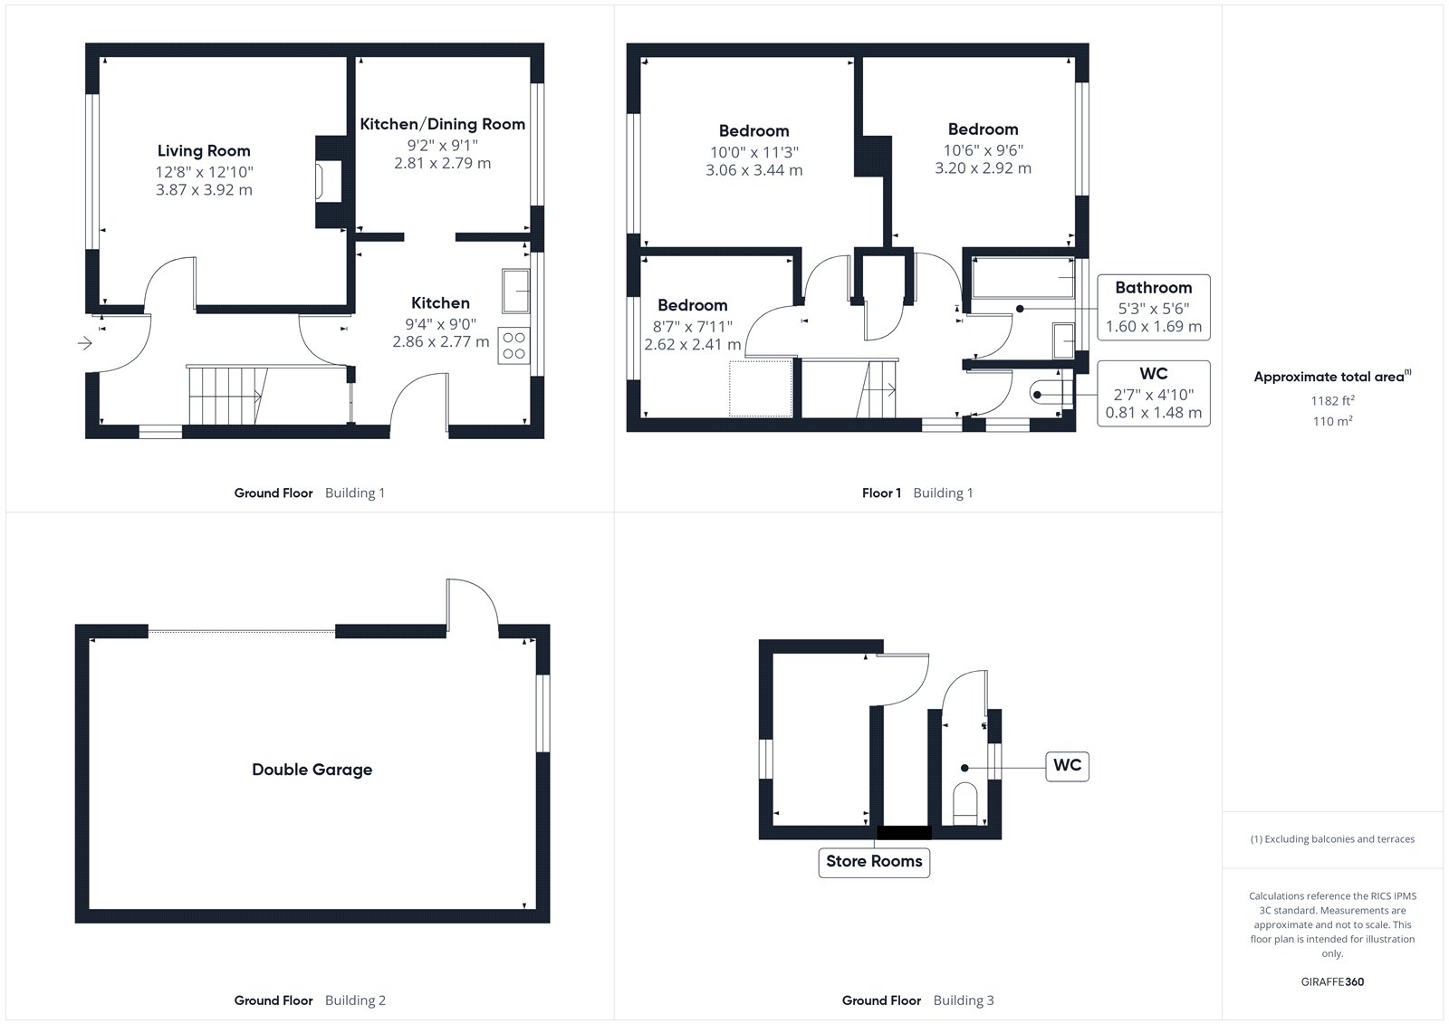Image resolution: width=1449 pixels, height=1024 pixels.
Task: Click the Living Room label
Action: (204, 150)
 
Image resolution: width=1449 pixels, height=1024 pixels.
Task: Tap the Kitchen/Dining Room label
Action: (443, 123)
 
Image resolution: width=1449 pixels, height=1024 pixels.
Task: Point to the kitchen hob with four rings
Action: (514, 346)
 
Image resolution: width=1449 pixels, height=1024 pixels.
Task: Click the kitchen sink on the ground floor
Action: (515, 292)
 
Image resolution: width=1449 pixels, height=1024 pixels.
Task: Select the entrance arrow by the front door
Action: (85, 343)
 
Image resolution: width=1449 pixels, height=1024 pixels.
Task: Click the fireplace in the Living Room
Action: (329, 182)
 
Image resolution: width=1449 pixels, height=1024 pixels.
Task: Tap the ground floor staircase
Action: (227, 396)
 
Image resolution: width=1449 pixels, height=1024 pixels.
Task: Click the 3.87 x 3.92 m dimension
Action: (204, 189)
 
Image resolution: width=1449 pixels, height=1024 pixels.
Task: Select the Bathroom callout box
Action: (1154, 307)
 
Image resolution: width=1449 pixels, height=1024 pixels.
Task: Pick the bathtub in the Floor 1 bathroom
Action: (1022, 278)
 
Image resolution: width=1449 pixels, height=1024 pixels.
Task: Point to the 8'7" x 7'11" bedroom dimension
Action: (692, 326)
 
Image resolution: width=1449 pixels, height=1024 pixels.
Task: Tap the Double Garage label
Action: (312, 770)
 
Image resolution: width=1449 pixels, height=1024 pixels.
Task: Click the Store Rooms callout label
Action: (874, 862)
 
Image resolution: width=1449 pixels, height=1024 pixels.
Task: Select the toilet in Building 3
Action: (965, 804)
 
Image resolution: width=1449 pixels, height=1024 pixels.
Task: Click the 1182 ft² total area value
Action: (1332, 400)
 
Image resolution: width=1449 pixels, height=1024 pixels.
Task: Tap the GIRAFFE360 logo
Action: (1332, 981)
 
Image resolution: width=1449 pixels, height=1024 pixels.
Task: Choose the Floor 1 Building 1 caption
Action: (917, 493)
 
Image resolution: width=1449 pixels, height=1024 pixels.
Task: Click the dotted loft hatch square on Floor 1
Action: (761, 388)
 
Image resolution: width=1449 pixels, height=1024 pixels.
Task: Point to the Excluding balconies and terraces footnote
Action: (1332, 839)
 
